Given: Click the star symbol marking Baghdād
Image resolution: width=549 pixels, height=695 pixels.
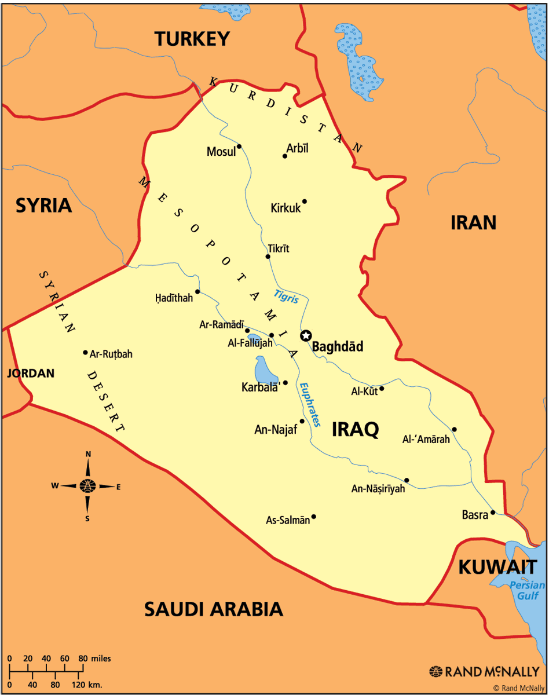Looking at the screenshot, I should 306,335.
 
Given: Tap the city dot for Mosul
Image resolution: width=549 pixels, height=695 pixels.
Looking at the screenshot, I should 239,146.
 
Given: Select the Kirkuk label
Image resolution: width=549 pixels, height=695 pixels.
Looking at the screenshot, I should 286,208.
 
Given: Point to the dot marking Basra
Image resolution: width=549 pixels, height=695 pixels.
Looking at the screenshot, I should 493,512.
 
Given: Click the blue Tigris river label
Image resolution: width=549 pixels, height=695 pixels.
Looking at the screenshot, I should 287,296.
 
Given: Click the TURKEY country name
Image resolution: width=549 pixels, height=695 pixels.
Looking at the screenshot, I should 192,39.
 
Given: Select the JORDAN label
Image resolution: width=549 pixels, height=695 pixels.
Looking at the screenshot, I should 31,374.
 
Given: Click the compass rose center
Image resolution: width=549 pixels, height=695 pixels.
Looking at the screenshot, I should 88,486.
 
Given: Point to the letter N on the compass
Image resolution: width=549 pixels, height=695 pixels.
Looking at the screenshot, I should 88,455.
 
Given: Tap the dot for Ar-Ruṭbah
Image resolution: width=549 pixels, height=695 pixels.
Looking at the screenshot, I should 85,352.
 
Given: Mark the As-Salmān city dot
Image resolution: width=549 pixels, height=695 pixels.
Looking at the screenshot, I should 313,517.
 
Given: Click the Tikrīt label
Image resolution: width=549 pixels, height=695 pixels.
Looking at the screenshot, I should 278,248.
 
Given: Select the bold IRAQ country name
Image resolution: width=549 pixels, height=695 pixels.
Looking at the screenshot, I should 356,429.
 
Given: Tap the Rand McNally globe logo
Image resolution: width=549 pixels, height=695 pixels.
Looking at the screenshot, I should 436,671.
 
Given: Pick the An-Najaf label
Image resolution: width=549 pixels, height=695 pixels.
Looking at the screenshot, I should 276,430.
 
